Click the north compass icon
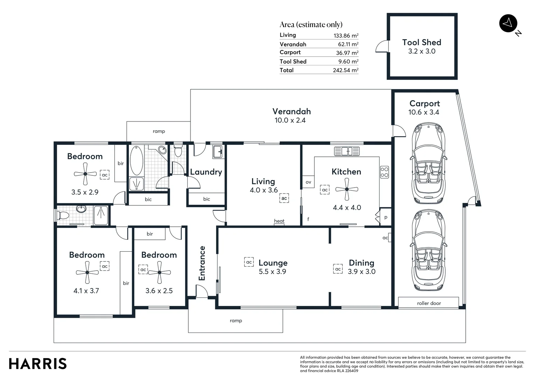508,23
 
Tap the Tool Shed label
422,42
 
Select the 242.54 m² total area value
346,70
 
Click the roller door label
429,303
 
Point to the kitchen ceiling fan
347,189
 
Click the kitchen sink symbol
347,151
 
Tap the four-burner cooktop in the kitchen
384,172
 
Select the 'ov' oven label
308,182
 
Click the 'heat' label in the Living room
279,221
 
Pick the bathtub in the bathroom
137,160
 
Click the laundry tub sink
218,152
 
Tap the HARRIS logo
38,364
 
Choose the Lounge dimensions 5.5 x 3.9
272,272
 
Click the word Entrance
202,263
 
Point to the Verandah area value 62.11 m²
348,44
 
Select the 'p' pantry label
386,217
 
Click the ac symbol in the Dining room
338,269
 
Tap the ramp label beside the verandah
159,131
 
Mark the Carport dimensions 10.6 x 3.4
424,112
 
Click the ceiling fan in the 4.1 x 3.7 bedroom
87,272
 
